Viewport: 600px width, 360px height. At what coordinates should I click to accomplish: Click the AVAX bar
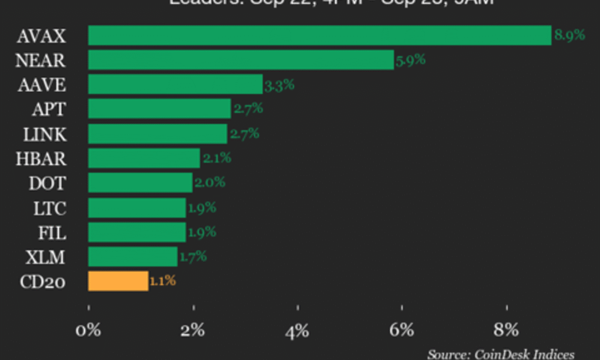[319, 35]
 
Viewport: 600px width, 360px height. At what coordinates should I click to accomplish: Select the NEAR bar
[241, 60]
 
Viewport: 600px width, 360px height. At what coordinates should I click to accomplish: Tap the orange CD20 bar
[118, 281]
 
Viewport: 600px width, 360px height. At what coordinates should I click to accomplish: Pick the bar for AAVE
[175, 85]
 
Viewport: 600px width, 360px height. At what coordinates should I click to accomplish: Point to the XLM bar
[133, 257]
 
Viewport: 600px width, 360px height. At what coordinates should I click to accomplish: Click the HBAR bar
[144, 158]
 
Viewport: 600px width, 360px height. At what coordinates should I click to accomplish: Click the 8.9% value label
[569, 35]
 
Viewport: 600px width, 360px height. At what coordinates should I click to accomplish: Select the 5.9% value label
[410, 59]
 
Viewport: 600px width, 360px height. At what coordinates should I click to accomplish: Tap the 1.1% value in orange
[163, 280]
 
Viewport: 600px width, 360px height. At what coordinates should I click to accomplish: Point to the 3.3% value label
[279, 85]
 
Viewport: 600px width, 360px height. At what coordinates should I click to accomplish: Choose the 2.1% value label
[216, 158]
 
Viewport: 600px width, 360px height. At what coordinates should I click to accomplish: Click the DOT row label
[47, 184]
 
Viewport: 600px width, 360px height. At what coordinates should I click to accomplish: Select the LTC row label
[50, 208]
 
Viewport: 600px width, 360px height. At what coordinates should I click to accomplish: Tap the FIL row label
[52, 233]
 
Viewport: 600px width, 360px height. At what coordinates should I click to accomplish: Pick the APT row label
[50, 109]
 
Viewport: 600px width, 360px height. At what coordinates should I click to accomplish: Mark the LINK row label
[46, 134]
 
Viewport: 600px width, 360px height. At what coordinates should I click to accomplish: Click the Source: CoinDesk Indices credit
[501, 354]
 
